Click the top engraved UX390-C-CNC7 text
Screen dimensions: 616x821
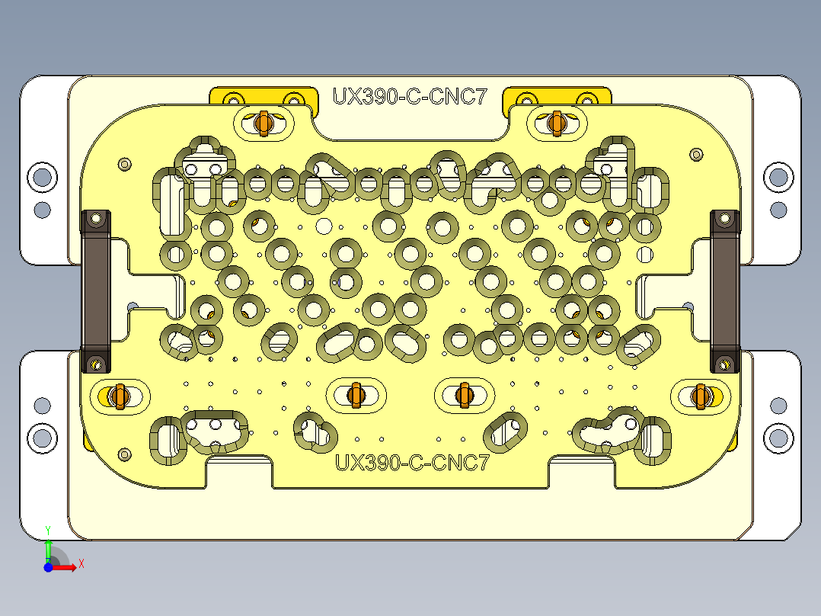tap(409, 97)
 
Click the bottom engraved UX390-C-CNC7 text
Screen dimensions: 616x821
tap(411, 463)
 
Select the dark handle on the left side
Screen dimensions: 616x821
tap(96, 290)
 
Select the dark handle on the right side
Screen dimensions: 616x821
tap(724, 290)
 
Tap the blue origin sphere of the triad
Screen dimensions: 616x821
tap(48, 567)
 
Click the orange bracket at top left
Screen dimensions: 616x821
tap(263, 97)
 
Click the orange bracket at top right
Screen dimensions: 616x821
tap(558, 97)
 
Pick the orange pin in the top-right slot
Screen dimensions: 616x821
tap(556, 122)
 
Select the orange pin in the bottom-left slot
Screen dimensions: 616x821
tap(118, 396)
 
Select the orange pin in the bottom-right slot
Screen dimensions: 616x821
tap(701, 396)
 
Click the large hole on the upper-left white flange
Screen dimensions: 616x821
tap(42, 177)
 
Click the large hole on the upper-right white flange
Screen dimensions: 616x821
tap(778, 177)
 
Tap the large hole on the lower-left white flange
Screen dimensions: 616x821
tap(42, 438)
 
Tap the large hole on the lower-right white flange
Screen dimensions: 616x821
tap(778, 438)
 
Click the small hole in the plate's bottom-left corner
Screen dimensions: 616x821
tap(124, 454)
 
